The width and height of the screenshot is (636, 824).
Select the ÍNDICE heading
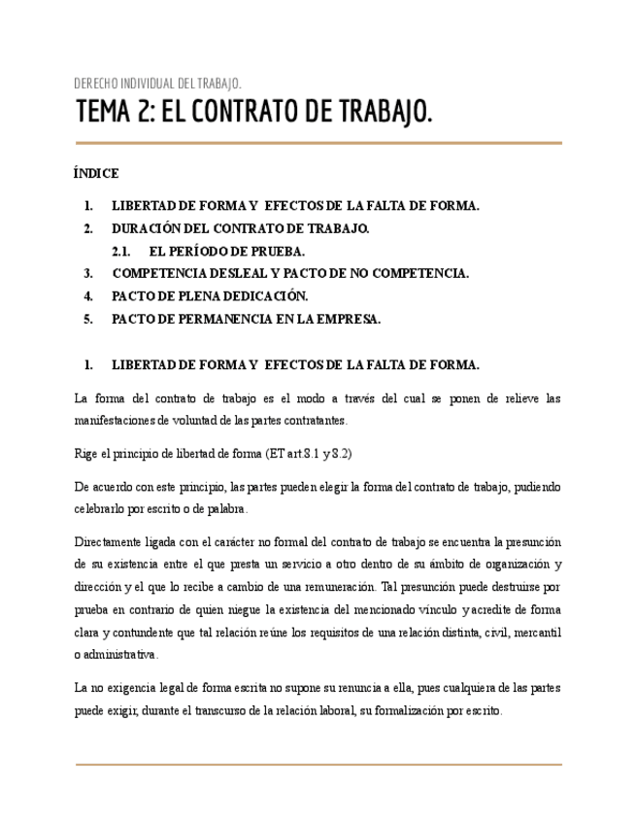[96, 174]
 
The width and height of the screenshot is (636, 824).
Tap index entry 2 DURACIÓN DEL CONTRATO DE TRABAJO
[240, 228]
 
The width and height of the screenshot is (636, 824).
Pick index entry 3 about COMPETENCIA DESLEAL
[290, 273]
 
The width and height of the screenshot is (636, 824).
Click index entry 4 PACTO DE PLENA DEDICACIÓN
[210, 295]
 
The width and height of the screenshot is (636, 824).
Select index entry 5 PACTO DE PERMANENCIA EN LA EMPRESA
[246, 319]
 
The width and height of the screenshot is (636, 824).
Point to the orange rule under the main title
[318, 143]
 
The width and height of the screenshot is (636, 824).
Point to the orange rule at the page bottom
[318, 765]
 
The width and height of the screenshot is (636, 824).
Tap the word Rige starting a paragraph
[87, 453]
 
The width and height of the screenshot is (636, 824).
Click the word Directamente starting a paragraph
[110, 541]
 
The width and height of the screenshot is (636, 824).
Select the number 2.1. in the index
[121, 251]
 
